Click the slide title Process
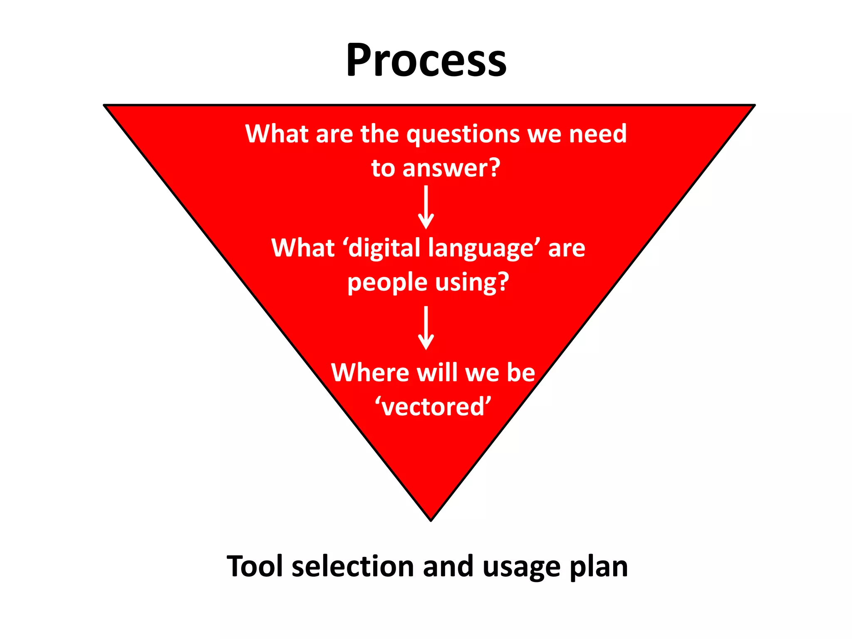(x=426, y=61)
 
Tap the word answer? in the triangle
(x=451, y=168)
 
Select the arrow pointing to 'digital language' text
(x=426, y=207)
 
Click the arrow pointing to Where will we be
(x=426, y=328)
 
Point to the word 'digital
(x=381, y=249)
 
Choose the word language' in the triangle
(x=484, y=249)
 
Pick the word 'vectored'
(x=433, y=406)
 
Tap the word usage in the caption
(x=522, y=567)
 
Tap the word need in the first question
(x=598, y=134)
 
